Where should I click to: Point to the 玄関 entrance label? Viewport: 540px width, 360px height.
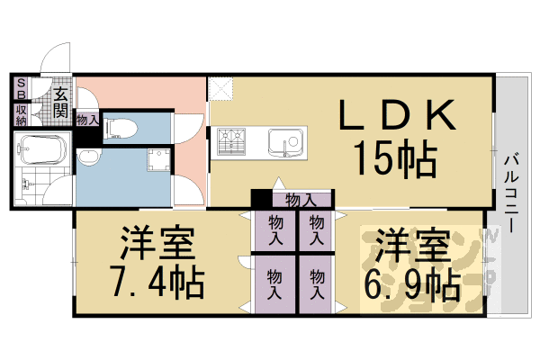click(x=60, y=102)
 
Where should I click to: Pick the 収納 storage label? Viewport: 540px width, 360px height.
click(x=20, y=114)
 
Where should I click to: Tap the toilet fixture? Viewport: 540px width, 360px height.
click(x=117, y=128)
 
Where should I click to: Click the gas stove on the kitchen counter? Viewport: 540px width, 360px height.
click(x=232, y=142)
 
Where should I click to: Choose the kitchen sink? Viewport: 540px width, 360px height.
click(x=286, y=142)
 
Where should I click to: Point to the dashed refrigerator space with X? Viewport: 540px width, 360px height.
click(x=220, y=88)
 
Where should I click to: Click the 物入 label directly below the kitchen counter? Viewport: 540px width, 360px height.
click(x=299, y=199)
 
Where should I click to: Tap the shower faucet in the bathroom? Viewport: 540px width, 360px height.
click(x=28, y=186)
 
